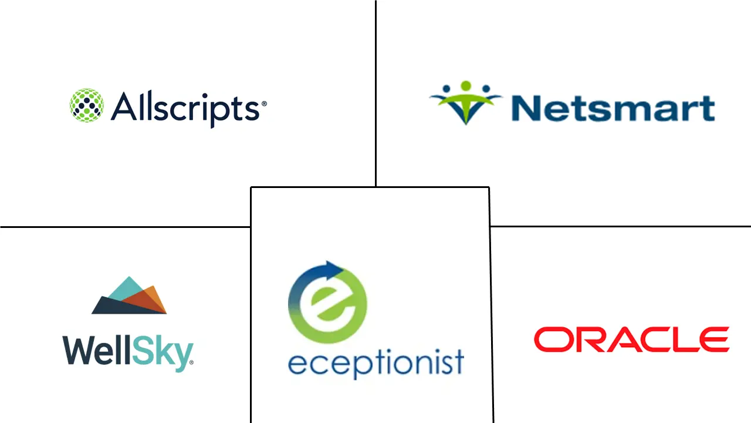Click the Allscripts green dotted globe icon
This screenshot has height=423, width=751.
[87, 106]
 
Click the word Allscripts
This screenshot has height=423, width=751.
[185, 108]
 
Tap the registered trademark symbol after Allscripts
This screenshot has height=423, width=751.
[264, 103]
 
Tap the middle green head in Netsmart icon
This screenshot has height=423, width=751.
[466, 86]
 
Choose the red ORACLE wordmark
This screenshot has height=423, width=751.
[631, 340]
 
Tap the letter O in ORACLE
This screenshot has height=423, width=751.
[550, 340]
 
